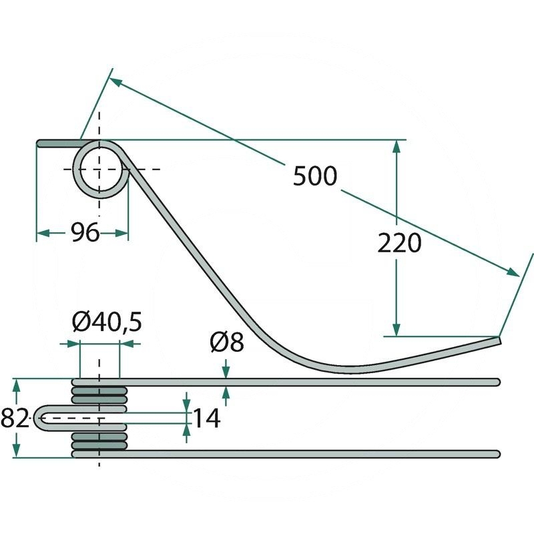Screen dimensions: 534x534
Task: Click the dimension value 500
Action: click(x=315, y=176)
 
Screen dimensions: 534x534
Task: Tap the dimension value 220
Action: click(x=399, y=243)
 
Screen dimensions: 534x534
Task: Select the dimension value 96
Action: click(x=85, y=232)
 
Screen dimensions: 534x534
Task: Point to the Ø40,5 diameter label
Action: click(x=107, y=322)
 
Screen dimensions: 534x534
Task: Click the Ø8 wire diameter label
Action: click(x=227, y=342)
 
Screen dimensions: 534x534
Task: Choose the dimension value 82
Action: click(x=15, y=418)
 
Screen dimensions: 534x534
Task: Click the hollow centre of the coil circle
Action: click(x=100, y=169)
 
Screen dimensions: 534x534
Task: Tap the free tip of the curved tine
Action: click(x=499, y=340)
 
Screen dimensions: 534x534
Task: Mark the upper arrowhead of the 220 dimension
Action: click(x=396, y=146)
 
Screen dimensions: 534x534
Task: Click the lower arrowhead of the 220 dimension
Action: click(x=396, y=330)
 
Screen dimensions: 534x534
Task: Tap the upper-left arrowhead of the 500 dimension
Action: click(x=115, y=81)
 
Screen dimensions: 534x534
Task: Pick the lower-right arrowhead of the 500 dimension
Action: click(x=513, y=272)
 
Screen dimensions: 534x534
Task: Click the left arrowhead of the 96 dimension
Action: click(x=43, y=233)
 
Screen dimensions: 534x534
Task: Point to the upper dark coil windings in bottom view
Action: click(x=99, y=395)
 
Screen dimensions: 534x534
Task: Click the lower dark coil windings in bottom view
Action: click(x=99, y=441)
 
